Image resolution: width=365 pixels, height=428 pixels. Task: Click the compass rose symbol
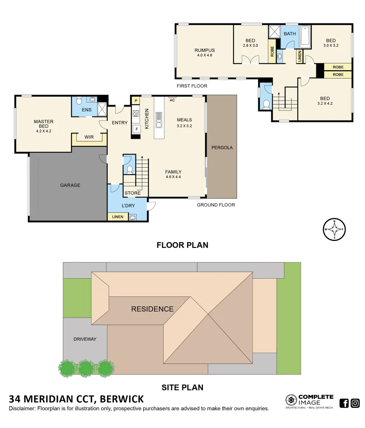click(334, 229)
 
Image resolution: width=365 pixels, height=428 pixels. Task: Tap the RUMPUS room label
click(204, 50)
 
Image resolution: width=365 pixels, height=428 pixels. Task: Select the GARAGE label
click(70, 185)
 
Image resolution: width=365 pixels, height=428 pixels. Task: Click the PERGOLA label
click(222, 147)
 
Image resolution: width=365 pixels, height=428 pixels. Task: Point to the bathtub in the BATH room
click(305, 36)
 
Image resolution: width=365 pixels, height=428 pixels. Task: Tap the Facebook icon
click(344, 403)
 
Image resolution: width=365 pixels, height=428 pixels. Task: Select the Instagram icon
click(355, 403)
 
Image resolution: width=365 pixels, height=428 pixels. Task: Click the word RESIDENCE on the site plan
click(152, 309)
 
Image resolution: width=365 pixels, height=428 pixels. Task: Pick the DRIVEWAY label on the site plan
click(85, 339)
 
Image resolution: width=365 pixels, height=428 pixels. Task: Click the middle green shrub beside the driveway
click(86, 368)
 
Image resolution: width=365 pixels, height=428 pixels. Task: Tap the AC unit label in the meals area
click(172, 100)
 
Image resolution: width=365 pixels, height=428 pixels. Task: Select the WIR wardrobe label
click(89, 137)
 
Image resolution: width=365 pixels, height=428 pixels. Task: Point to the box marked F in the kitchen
click(136, 129)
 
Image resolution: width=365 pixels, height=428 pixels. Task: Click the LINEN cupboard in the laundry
click(118, 217)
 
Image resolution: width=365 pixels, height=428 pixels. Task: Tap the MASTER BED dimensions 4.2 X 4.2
click(44, 131)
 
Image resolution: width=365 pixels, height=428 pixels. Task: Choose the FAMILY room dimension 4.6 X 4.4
click(173, 177)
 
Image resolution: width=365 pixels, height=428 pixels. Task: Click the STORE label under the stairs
click(132, 193)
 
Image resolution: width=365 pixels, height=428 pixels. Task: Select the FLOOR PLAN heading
click(182, 245)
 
